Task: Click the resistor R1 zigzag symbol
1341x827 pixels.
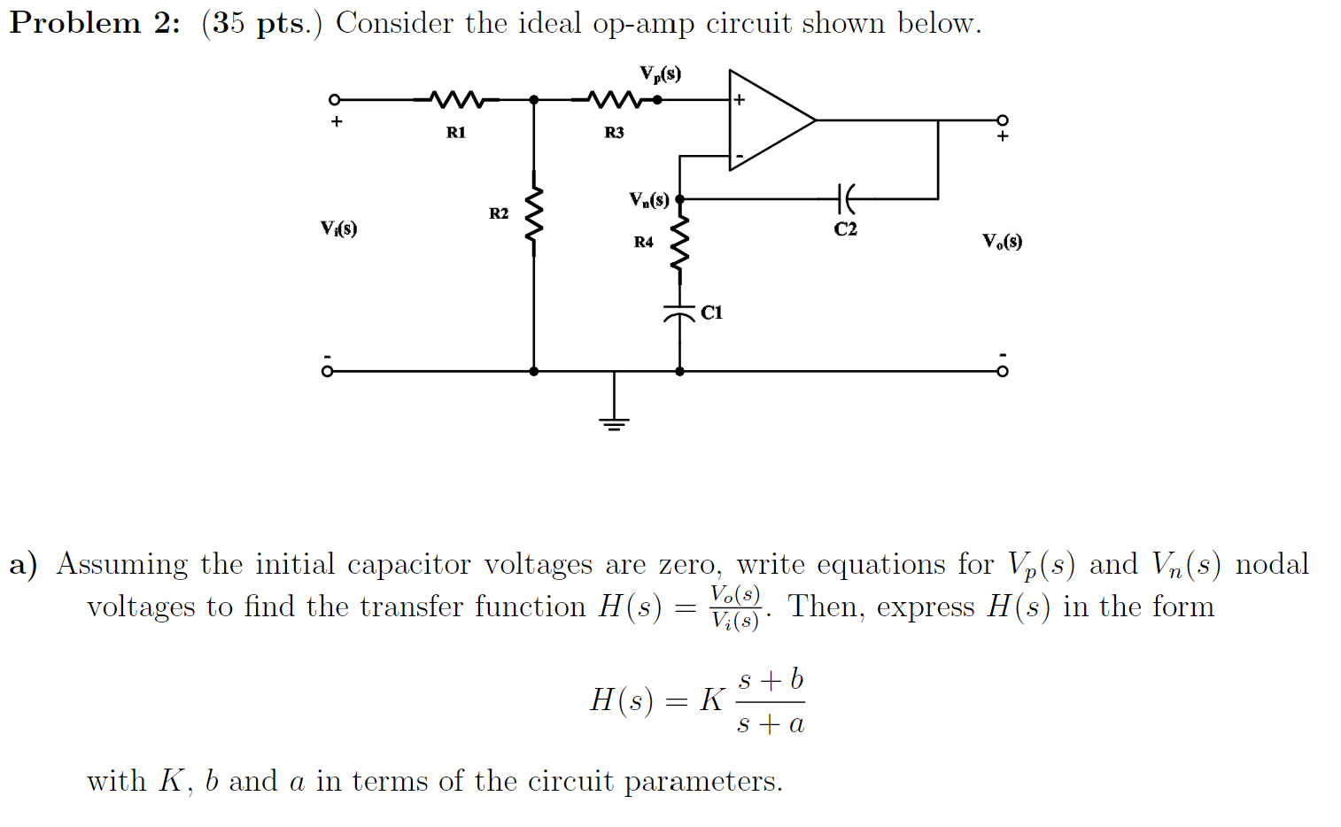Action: [x=456, y=99]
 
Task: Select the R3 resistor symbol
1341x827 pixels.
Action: [x=614, y=99]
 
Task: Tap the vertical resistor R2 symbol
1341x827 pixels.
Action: [x=533, y=217]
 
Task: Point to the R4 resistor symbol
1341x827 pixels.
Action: [x=679, y=243]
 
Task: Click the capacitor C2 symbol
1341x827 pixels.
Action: [x=846, y=199]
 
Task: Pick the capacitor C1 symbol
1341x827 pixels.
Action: [x=679, y=313]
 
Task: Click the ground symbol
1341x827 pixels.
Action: [x=614, y=421]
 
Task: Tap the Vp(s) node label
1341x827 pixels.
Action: [x=661, y=74]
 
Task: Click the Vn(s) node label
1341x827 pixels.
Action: [x=649, y=199]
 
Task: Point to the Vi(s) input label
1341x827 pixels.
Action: [x=338, y=228]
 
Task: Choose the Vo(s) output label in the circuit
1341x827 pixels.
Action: [x=1002, y=241]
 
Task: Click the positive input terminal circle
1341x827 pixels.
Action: [x=335, y=100]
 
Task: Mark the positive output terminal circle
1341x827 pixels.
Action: [x=1002, y=120]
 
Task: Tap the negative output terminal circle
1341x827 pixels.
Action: [x=1002, y=371]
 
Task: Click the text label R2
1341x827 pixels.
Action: [x=499, y=213]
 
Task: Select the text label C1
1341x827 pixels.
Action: [x=711, y=313]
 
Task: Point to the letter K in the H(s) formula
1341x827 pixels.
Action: [x=711, y=700]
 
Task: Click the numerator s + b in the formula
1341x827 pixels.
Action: [x=771, y=680]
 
